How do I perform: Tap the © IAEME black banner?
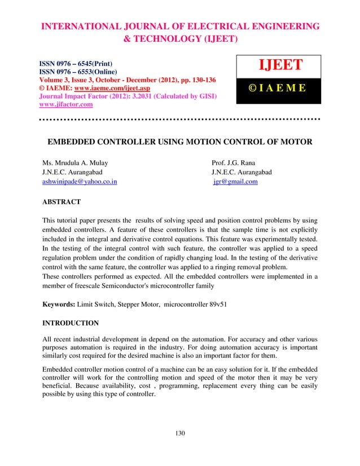coord(280,89)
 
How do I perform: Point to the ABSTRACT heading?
coord(62,201)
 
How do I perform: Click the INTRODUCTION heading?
coord(71,323)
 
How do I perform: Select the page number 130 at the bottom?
coord(180,433)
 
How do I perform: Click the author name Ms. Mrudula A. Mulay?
coord(75,162)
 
